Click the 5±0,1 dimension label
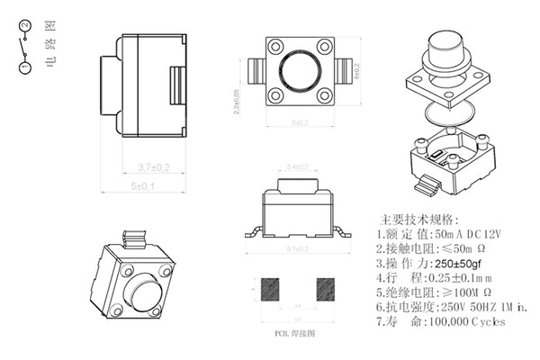coord(143,186)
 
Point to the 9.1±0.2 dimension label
coord(297,247)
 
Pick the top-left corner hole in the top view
coord(272,45)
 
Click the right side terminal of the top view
coord(344,70)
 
